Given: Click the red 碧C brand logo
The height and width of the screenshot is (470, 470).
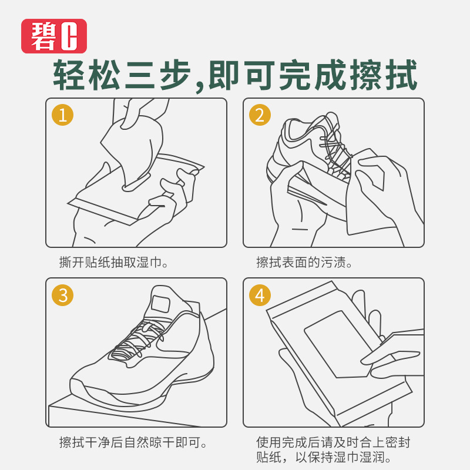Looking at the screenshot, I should (x=54, y=36).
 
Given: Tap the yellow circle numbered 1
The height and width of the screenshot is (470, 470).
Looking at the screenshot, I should (x=63, y=115).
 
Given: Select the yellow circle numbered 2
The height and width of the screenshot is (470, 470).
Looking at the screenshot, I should (x=260, y=115).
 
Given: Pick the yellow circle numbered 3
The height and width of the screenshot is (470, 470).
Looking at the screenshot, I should (x=63, y=294).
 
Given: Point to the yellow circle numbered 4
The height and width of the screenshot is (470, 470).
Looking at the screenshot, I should (x=260, y=294).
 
